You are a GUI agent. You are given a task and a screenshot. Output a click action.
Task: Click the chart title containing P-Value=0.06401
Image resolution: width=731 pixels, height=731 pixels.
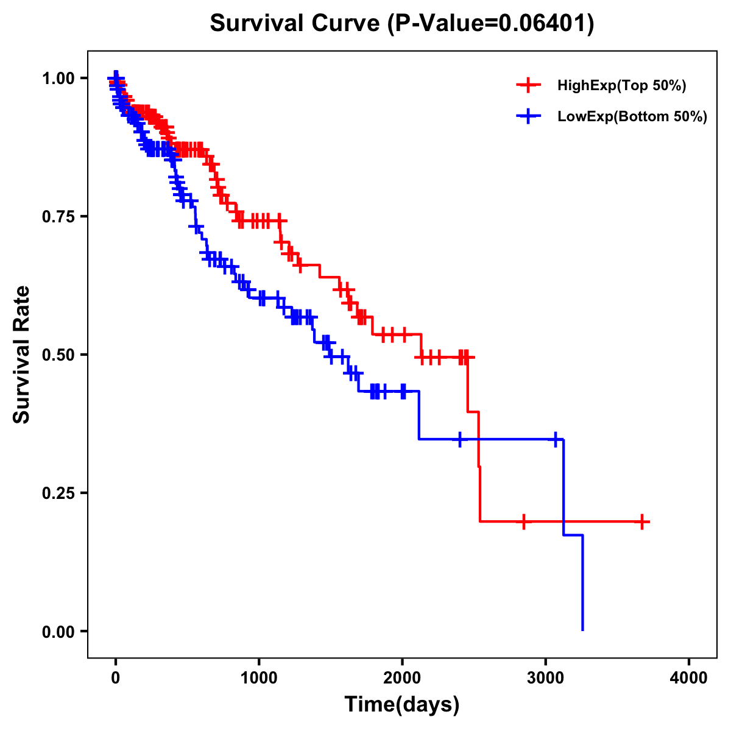click(x=402, y=24)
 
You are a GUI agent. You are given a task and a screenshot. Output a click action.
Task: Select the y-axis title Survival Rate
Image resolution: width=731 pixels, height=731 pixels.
click(x=23, y=354)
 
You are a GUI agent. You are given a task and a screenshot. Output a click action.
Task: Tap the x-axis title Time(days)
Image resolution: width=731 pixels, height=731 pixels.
click(x=402, y=704)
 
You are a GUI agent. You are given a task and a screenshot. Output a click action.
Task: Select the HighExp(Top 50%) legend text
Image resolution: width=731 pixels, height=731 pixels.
click(x=622, y=86)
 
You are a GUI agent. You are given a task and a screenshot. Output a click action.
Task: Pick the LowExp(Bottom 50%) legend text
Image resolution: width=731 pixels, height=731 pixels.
click(x=632, y=117)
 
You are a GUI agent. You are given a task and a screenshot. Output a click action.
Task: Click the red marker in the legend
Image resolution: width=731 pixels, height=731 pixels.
click(x=529, y=86)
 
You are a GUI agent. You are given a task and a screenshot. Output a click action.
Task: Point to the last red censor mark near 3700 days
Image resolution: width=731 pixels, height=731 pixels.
click(x=642, y=521)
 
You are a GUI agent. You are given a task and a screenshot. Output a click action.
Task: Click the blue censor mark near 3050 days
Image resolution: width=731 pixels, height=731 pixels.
click(x=556, y=439)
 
